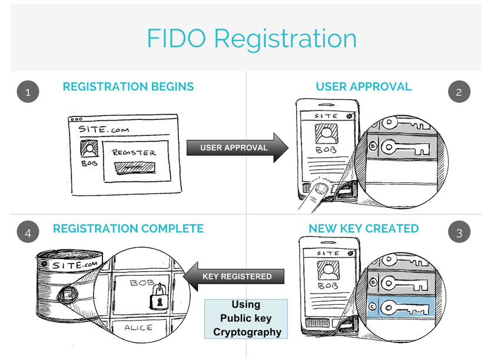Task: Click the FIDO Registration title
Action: (x=251, y=38)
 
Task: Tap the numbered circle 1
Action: (x=28, y=92)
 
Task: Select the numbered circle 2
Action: (x=460, y=92)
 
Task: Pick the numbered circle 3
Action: (x=460, y=232)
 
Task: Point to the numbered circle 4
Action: (x=28, y=232)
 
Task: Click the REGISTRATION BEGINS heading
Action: (x=128, y=87)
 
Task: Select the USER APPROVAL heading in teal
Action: (x=363, y=87)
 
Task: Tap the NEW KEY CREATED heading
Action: (x=363, y=228)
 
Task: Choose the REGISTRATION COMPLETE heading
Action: (x=128, y=228)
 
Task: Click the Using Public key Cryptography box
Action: (x=245, y=318)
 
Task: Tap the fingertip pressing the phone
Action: (x=320, y=189)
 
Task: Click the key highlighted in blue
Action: (x=406, y=307)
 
